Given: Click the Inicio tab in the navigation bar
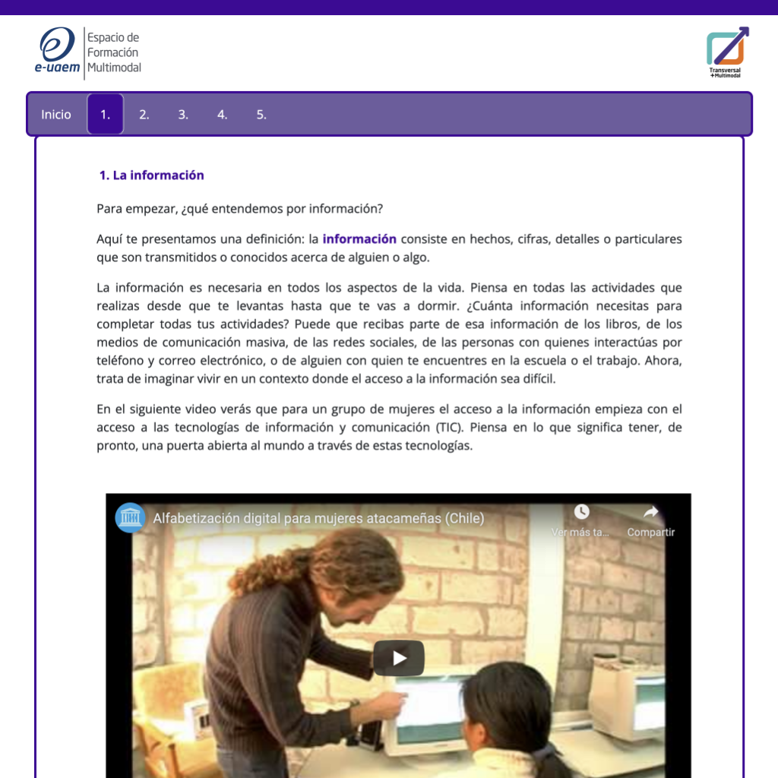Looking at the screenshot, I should coord(56,115).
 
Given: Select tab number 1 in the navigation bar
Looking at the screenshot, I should coord(106,115).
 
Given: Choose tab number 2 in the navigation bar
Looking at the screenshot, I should coord(144,115).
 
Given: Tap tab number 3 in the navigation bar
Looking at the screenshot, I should coord(183,115).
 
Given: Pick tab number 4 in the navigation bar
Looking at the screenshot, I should coord(222,115).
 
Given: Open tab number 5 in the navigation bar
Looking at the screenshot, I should coord(261,115).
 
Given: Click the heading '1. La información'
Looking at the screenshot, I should coord(152,176).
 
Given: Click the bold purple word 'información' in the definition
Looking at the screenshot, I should coord(359,239).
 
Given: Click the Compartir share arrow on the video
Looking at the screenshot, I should coord(650,513).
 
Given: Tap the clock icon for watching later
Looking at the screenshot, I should coord(581,512).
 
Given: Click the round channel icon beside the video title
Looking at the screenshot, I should coord(130,518).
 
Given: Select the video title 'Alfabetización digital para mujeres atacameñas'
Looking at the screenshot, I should coord(318,518).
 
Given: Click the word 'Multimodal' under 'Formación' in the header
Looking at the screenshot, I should coord(114,68).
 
